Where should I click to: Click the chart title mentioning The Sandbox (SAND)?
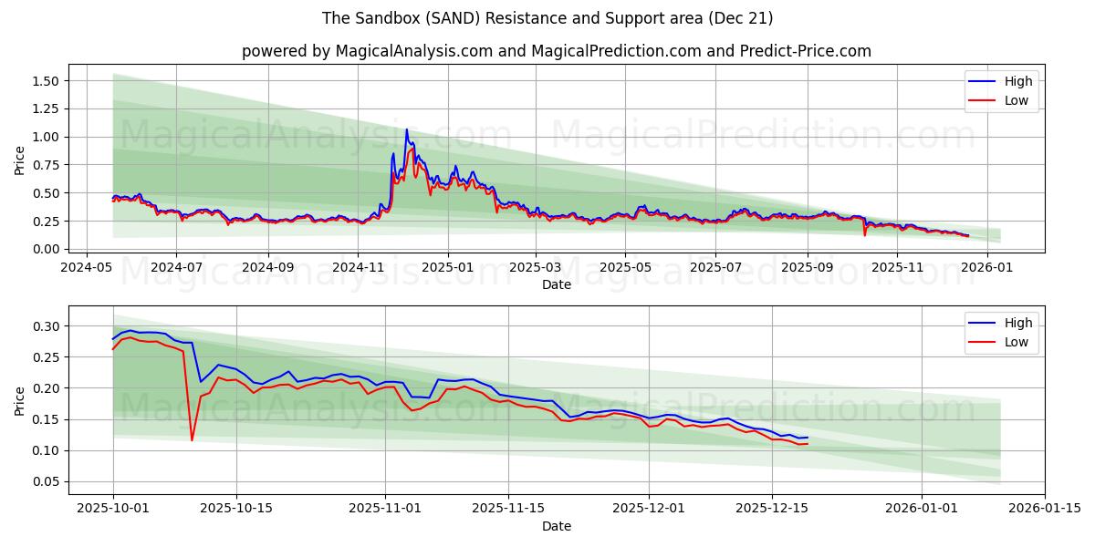click(547, 18)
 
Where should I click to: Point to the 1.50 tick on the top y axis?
click(45, 81)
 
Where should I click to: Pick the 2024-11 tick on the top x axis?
click(358, 268)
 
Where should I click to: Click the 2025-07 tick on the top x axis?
click(714, 268)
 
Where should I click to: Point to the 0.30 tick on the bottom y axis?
click(45, 326)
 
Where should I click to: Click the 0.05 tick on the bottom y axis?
click(45, 481)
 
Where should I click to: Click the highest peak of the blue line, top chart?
click(407, 129)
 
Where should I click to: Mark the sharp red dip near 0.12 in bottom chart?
click(192, 439)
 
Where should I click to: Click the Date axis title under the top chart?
click(556, 284)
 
